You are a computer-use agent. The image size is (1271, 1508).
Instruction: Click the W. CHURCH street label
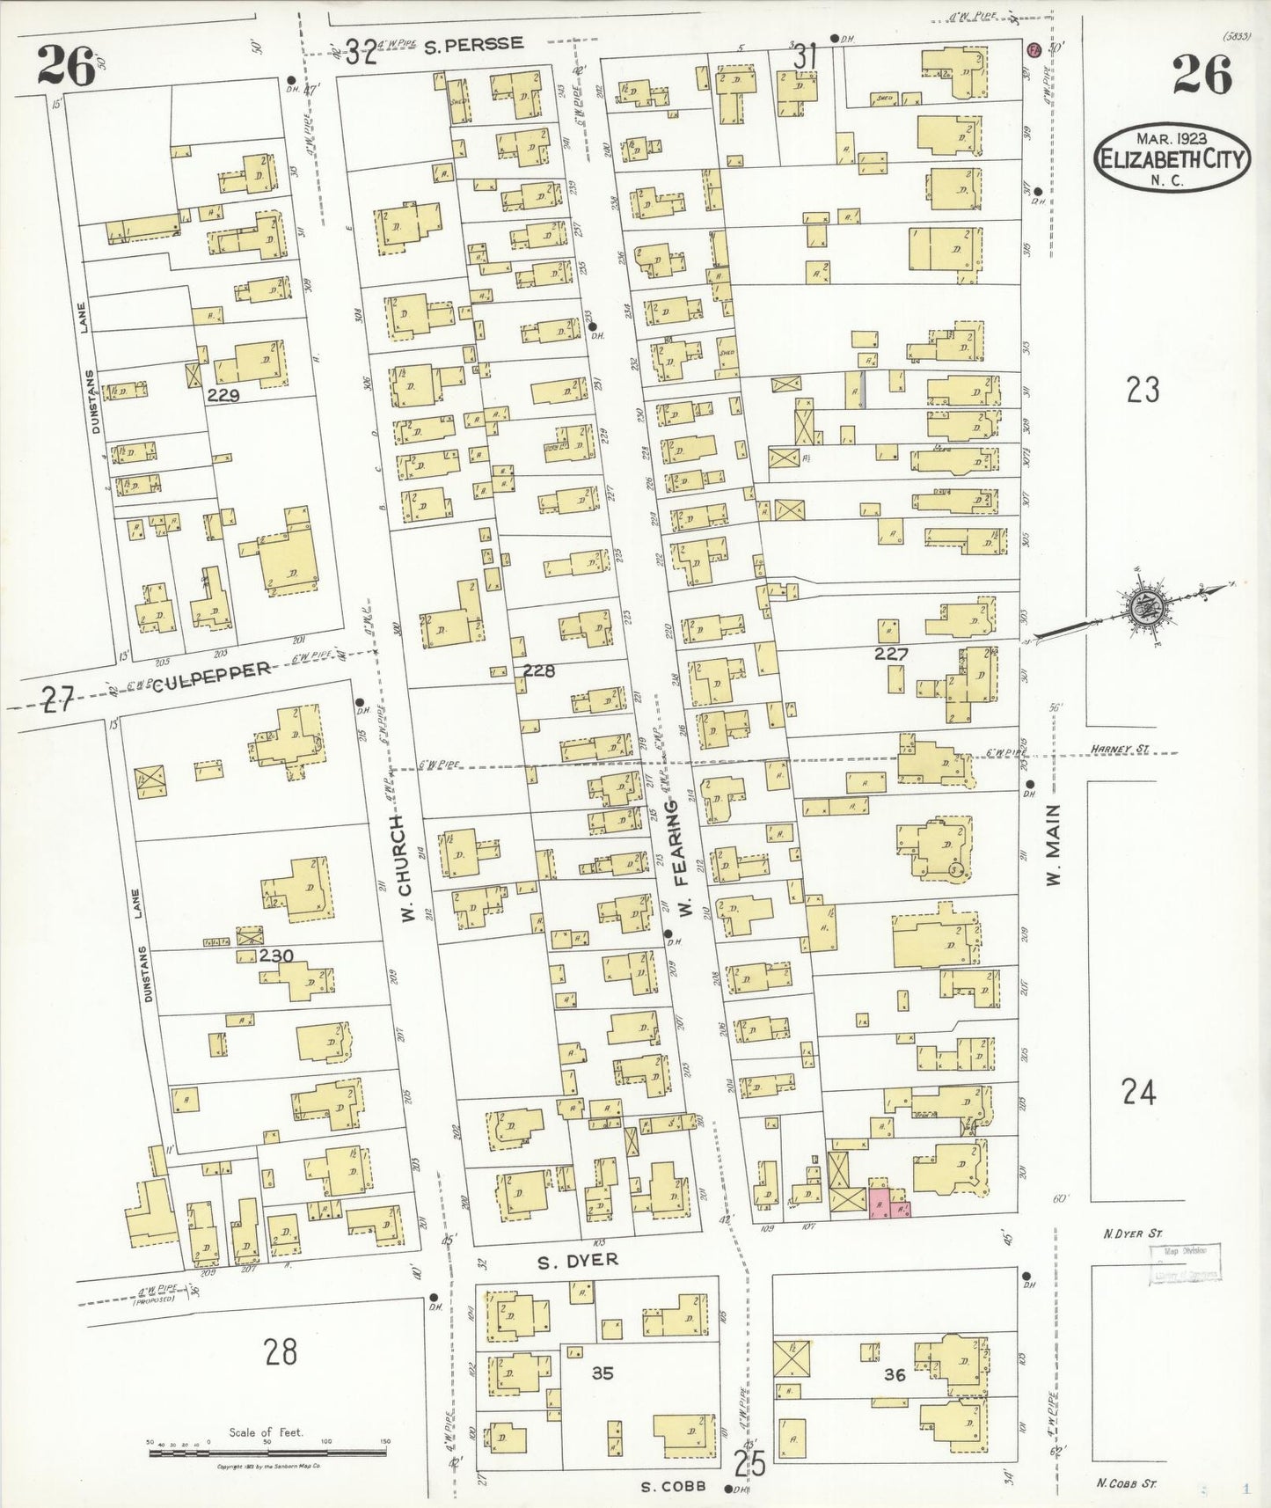pyautogui.click(x=406, y=870)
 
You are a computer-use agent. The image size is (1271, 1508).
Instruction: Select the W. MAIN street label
pyautogui.click(x=1055, y=845)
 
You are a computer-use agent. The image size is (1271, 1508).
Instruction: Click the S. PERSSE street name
pyautogui.click(x=473, y=44)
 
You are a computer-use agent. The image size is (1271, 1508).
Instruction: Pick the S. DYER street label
pyautogui.click(x=578, y=1261)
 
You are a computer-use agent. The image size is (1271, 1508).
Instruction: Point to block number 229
pyautogui.click(x=223, y=396)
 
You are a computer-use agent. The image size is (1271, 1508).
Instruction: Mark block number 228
pyautogui.click(x=538, y=670)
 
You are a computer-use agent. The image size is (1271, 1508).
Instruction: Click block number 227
pyautogui.click(x=890, y=654)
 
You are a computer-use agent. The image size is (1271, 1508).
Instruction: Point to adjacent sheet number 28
pyautogui.click(x=281, y=1351)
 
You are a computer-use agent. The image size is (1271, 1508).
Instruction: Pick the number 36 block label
pyautogui.click(x=894, y=1375)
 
